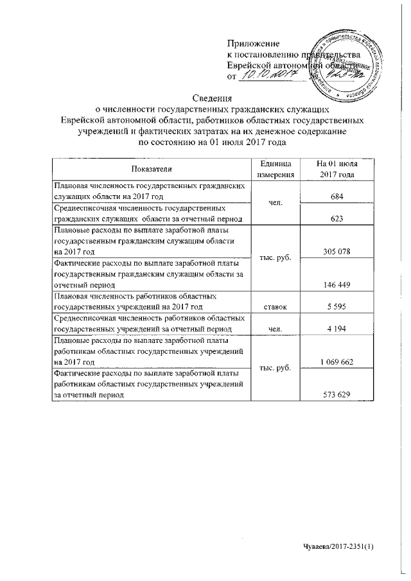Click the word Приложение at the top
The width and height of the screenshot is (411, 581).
point(254,43)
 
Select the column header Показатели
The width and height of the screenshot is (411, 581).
point(152,169)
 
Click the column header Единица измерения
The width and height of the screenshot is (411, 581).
point(275,169)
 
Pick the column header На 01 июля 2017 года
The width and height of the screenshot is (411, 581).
point(335,169)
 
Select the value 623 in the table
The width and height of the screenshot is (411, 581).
point(336,219)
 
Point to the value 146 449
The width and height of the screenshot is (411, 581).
point(336,283)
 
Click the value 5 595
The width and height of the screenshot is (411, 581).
point(336,308)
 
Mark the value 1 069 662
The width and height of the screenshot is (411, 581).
point(336,363)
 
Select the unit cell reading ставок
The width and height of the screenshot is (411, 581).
point(275,308)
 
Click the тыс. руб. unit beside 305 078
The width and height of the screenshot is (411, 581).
point(275,257)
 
